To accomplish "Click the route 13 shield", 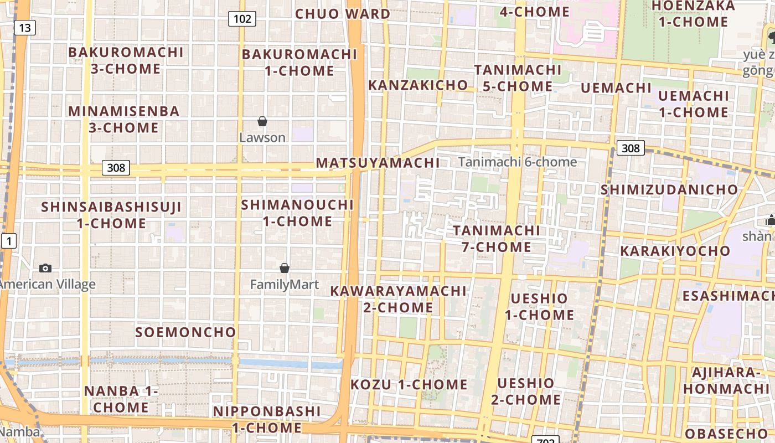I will (25, 28).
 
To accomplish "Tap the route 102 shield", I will (242, 19).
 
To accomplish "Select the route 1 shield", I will (9, 241).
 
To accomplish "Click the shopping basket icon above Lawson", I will (262, 121).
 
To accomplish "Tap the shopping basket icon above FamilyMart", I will (285, 268).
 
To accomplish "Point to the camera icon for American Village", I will (45, 269).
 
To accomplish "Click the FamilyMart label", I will (285, 285).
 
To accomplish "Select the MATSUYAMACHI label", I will (378, 163).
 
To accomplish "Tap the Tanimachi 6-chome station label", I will (518, 162).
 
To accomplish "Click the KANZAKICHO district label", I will (418, 85).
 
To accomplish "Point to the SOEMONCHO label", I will (186, 332).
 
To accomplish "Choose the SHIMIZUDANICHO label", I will (669, 189).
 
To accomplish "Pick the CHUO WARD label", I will (343, 14).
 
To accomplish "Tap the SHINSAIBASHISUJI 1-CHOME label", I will (111, 215).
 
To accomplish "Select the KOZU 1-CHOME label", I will (409, 384).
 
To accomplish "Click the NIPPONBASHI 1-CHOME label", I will (267, 419).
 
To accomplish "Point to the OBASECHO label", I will (726, 434).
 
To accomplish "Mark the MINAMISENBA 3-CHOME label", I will (124, 119).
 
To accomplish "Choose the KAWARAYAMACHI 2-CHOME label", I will (399, 299).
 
